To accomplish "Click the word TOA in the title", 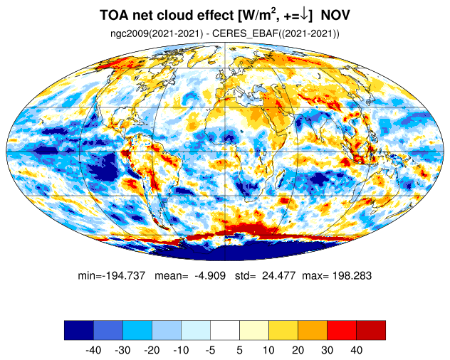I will pos(113,15).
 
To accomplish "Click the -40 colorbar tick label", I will pos(93,350).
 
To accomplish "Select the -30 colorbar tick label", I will pos(122,350).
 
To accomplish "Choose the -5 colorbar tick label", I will pos(209,350).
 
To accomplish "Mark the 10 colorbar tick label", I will pos(268,350).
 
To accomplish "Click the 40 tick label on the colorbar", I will pos(356,350).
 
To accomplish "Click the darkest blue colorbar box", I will pos(78,330).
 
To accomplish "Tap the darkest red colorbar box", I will pos(370,330).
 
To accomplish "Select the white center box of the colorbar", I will pos(224,330).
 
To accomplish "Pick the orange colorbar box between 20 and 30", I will pos(312,330).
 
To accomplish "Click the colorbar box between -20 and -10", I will pos(166,330).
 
